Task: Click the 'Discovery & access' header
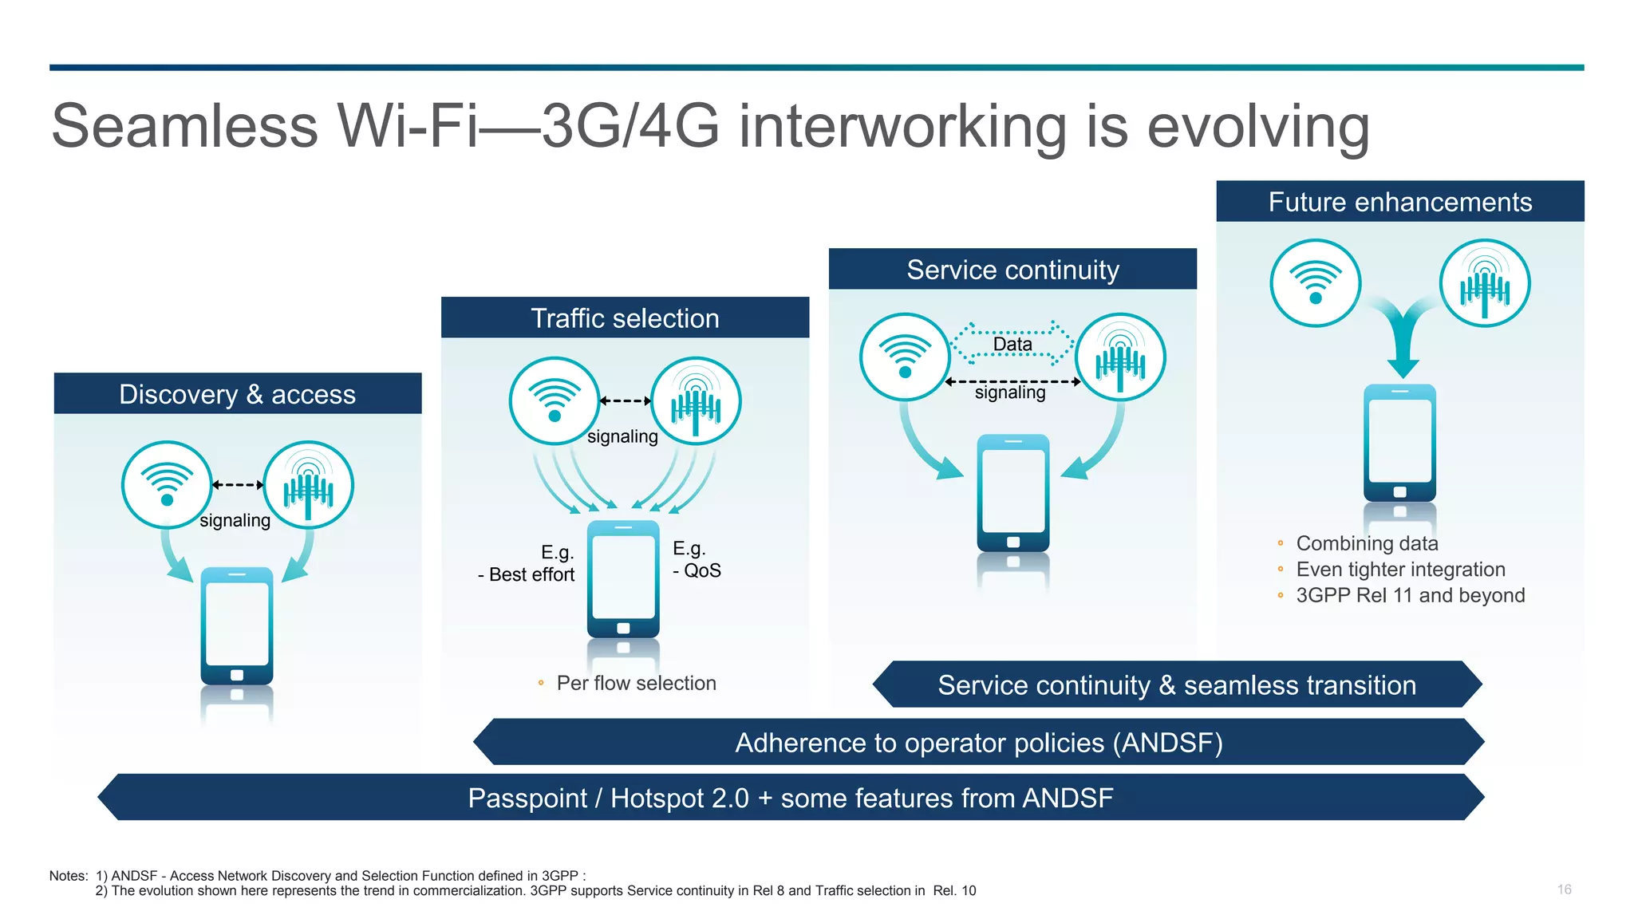[237, 394]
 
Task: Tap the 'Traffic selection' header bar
[625, 318]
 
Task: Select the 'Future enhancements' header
[1399, 202]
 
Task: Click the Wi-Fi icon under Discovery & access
[167, 484]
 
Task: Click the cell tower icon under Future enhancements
[1484, 283]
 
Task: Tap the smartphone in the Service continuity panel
[1012, 492]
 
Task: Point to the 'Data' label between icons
[1012, 344]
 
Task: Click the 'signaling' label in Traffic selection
[622, 436]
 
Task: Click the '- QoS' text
[697, 570]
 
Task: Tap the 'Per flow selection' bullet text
[636, 683]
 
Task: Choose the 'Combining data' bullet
[1367, 543]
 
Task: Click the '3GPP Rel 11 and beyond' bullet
[1410, 595]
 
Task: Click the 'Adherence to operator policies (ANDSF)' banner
[978, 743]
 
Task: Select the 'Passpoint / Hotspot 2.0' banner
[790, 798]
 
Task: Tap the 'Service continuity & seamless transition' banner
[1177, 685]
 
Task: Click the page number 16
[1564, 889]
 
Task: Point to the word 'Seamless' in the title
[185, 126]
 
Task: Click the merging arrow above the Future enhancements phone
[1403, 335]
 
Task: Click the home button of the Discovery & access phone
[237, 675]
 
